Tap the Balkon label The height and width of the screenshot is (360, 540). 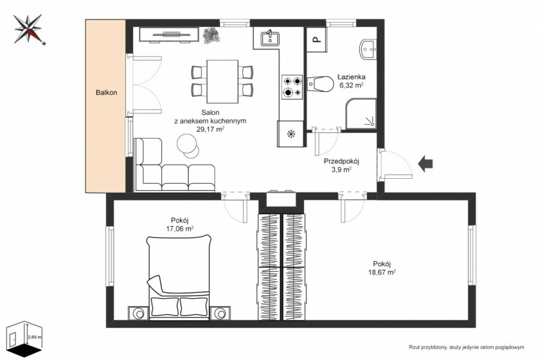106,92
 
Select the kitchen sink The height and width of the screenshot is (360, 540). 270,38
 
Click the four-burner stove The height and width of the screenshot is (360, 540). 292,87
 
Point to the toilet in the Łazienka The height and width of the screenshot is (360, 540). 320,84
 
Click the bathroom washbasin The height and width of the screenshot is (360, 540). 368,50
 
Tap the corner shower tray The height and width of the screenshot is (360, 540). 361,113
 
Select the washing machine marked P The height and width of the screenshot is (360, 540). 316,40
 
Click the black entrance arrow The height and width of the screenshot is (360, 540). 425,163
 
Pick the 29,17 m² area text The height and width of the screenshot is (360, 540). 210,129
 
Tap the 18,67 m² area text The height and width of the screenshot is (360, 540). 382,272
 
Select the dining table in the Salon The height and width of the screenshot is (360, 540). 223,82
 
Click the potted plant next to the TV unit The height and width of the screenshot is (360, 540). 211,35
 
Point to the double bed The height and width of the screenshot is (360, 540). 179,277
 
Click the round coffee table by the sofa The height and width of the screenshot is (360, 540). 188,146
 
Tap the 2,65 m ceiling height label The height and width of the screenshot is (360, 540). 34,337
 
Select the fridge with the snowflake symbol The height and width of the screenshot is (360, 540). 290,133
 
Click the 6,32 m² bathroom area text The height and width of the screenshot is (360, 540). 352,85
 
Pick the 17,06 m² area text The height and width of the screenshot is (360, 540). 180,228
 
